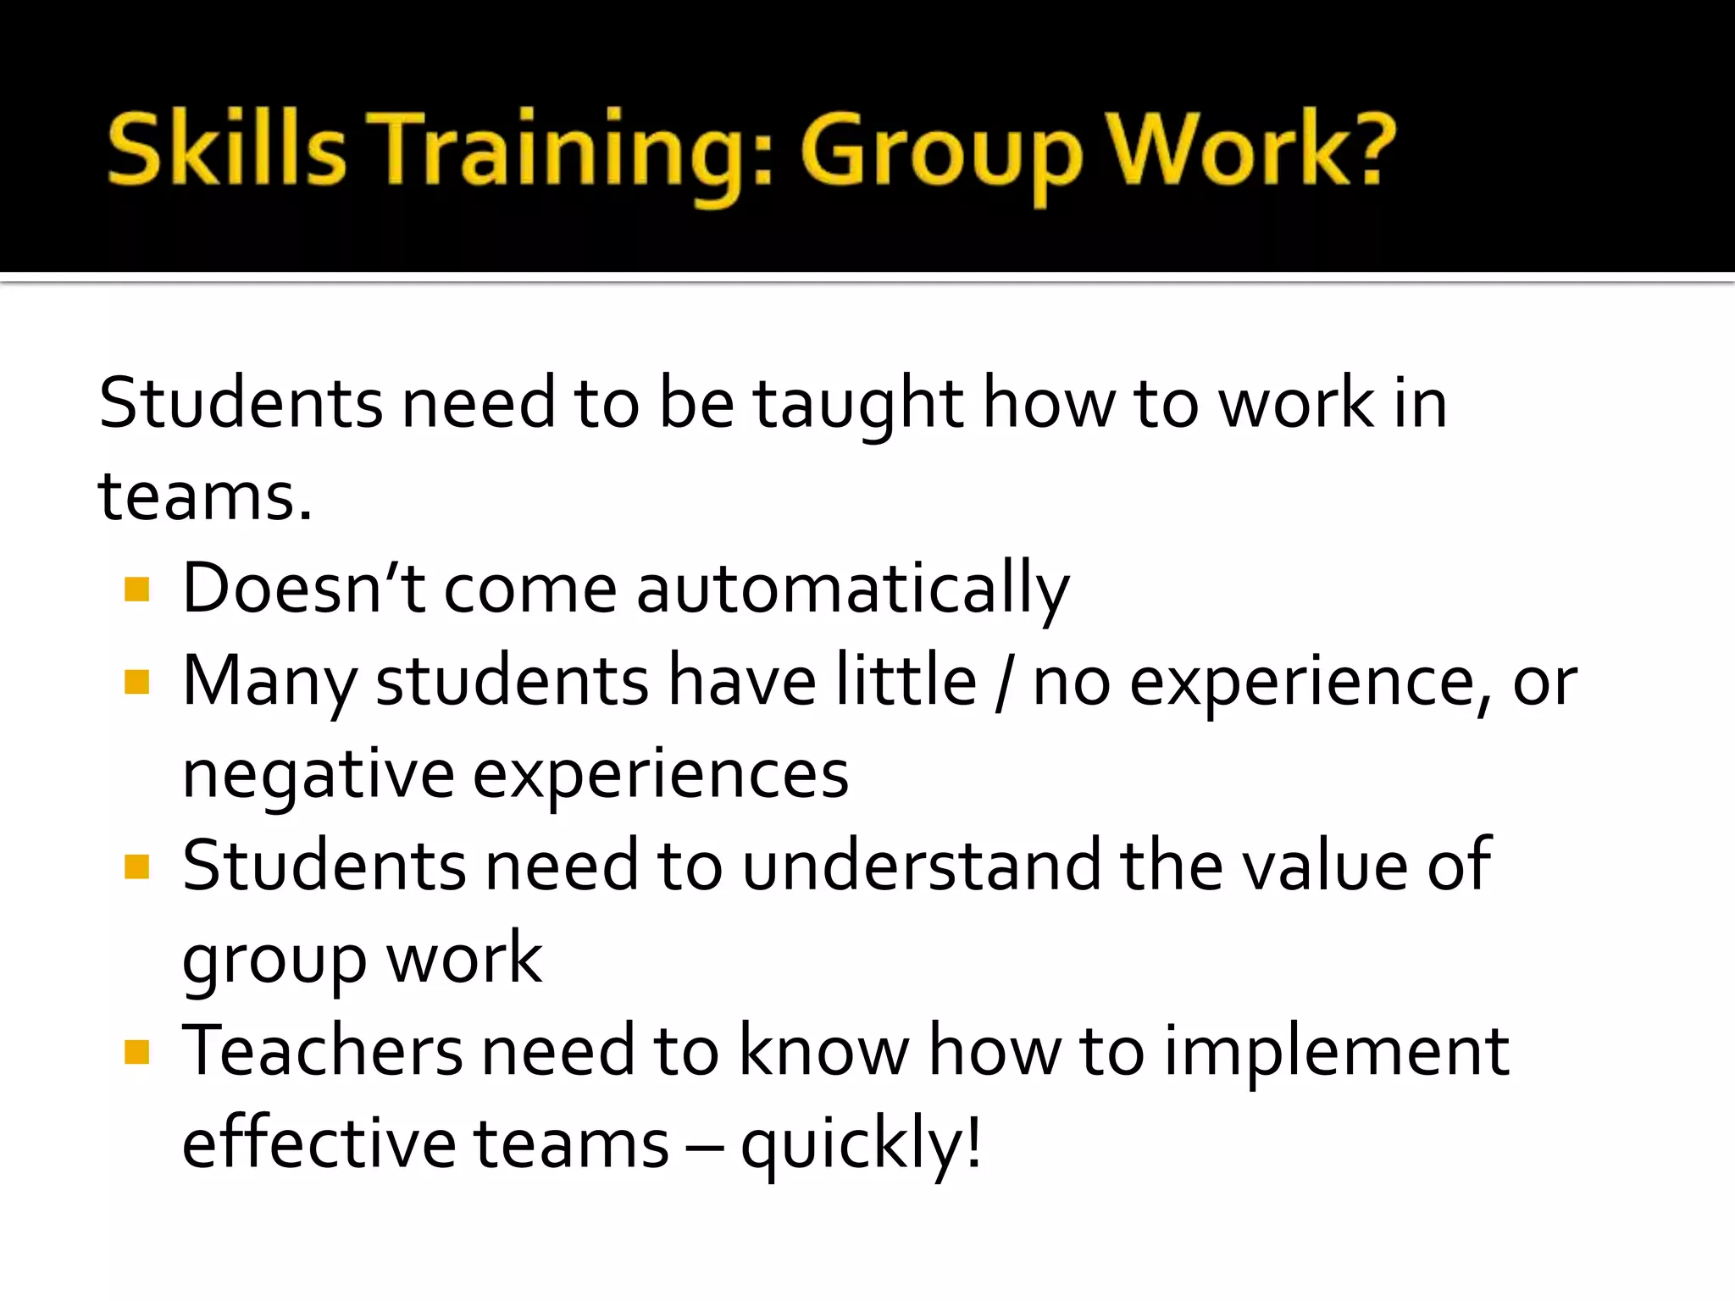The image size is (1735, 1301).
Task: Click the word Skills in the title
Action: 226,151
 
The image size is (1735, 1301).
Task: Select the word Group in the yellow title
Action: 941,152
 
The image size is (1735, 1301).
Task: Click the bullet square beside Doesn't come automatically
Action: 136,590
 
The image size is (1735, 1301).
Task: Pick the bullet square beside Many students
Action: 136,682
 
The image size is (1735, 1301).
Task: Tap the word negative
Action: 319,775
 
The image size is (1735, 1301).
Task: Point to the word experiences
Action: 660,775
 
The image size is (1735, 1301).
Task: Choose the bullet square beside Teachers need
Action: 136,1052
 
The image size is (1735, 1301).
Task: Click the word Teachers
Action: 323,1051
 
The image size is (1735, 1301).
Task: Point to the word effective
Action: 319,1143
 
